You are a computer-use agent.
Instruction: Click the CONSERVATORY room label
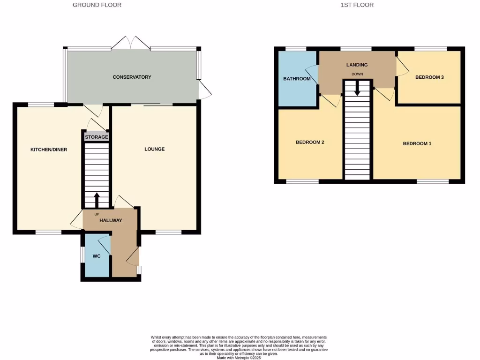point(132,77)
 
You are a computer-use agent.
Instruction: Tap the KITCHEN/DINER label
point(49,150)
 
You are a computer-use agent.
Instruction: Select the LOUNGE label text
point(154,150)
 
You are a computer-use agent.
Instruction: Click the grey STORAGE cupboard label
point(96,137)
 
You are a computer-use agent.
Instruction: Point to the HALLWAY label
point(111,220)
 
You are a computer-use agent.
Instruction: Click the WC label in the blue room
point(97,256)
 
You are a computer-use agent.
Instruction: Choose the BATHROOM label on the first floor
point(297,79)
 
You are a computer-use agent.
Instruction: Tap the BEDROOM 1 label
point(417,143)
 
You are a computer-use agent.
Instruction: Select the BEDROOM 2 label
point(310,142)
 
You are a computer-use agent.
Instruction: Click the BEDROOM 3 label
point(429,77)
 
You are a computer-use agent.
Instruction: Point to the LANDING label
point(357,65)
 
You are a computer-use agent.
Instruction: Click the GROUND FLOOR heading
point(97,5)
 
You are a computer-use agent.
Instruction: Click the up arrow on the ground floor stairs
point(97,200)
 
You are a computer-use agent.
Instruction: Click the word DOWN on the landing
point(357,75)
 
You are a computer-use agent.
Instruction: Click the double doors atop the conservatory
point(131,42)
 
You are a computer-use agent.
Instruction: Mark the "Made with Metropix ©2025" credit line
point(239,357)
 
